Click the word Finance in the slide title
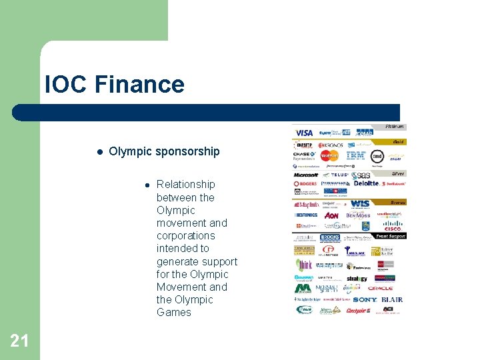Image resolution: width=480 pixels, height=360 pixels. click(139, 85)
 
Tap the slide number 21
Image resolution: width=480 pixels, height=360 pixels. click(19, 341)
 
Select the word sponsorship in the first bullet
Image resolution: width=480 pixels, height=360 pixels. click(187, 151)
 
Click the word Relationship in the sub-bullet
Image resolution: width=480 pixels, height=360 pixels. click(185, 185)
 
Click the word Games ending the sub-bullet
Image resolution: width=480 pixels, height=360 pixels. click(173, 312)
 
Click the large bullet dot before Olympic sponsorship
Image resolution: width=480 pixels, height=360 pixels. click(98, 151)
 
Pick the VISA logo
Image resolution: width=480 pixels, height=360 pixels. click(303, 133)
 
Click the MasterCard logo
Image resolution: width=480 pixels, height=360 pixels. click(329, 156)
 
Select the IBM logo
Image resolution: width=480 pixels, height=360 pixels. click(355, 156)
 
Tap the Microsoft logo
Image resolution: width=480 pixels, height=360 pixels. click(306, 174)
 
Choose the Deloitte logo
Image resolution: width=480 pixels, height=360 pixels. click(366, 183)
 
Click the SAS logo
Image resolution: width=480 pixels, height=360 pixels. click(362, 174)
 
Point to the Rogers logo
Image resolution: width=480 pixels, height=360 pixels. click(306, 183)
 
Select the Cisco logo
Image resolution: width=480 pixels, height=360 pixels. click(392, 229)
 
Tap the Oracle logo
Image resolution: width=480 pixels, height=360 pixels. click(381, 288)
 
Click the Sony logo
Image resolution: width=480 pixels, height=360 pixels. click(365, 300)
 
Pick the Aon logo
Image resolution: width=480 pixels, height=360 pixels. click(331, 215)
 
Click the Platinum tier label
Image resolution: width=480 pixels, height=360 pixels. click(394, 127)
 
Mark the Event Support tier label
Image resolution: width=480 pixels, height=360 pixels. click(390, 236)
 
